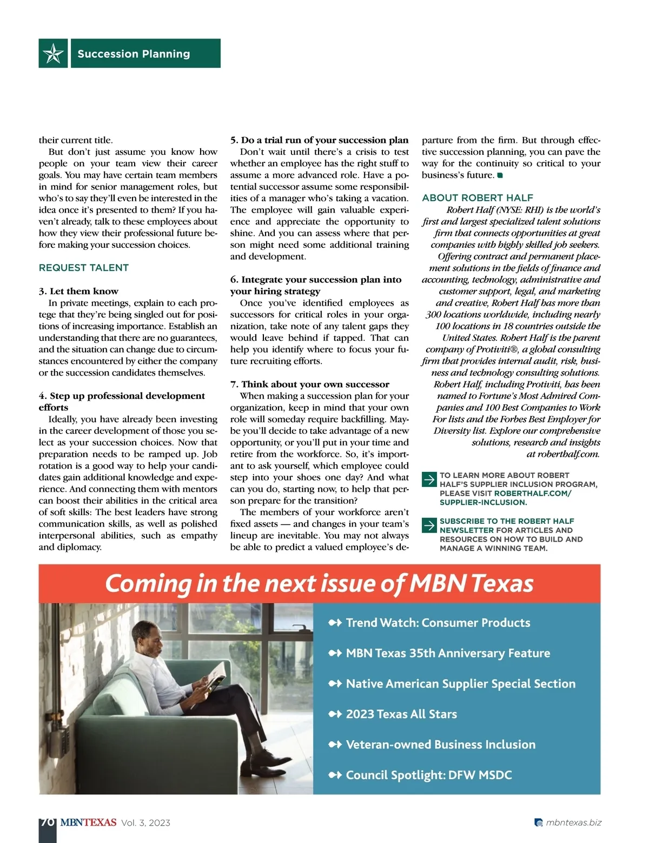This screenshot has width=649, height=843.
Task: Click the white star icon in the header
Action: pyautogui.click(x=53, y=54)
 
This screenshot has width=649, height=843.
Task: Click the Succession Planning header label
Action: pyautogui.click(x=134, y=54)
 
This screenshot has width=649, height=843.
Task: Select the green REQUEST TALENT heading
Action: pyautogui.click(x=84, y=268)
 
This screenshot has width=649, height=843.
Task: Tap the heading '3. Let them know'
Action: pyautogui.click(x=78, y=291)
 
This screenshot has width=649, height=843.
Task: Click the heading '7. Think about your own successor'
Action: pyautogui.click(x=309, y=384)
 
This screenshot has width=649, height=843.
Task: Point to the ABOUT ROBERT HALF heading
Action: pyautogui.click(x=478, y=198)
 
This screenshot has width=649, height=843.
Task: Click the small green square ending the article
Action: pyautogui.click(x=500, y=175)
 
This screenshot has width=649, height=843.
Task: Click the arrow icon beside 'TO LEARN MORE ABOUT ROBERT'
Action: pyautogui.click(x=429, y=479)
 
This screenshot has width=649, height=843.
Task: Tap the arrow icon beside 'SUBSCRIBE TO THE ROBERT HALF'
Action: pyautogui.click(x=429, y=525)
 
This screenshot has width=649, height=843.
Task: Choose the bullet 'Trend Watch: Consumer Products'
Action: pyautogui.click(x=438, y=623)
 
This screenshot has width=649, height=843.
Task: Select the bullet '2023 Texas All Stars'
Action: pyautogui.click(x=401, y=714)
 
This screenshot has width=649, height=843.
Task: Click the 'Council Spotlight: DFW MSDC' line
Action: pyautogui.click(x=428, y=775)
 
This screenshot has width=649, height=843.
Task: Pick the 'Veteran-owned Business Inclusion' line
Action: pyautogui.click(x=440, y=745)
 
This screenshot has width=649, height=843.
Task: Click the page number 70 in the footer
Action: pyautogui.click(x=47, y=822)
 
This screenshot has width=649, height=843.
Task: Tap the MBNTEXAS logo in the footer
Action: pyautogui.click(x=88, y=822)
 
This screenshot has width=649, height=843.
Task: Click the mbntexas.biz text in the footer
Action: pyautogui.click(x=573, y=822)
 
